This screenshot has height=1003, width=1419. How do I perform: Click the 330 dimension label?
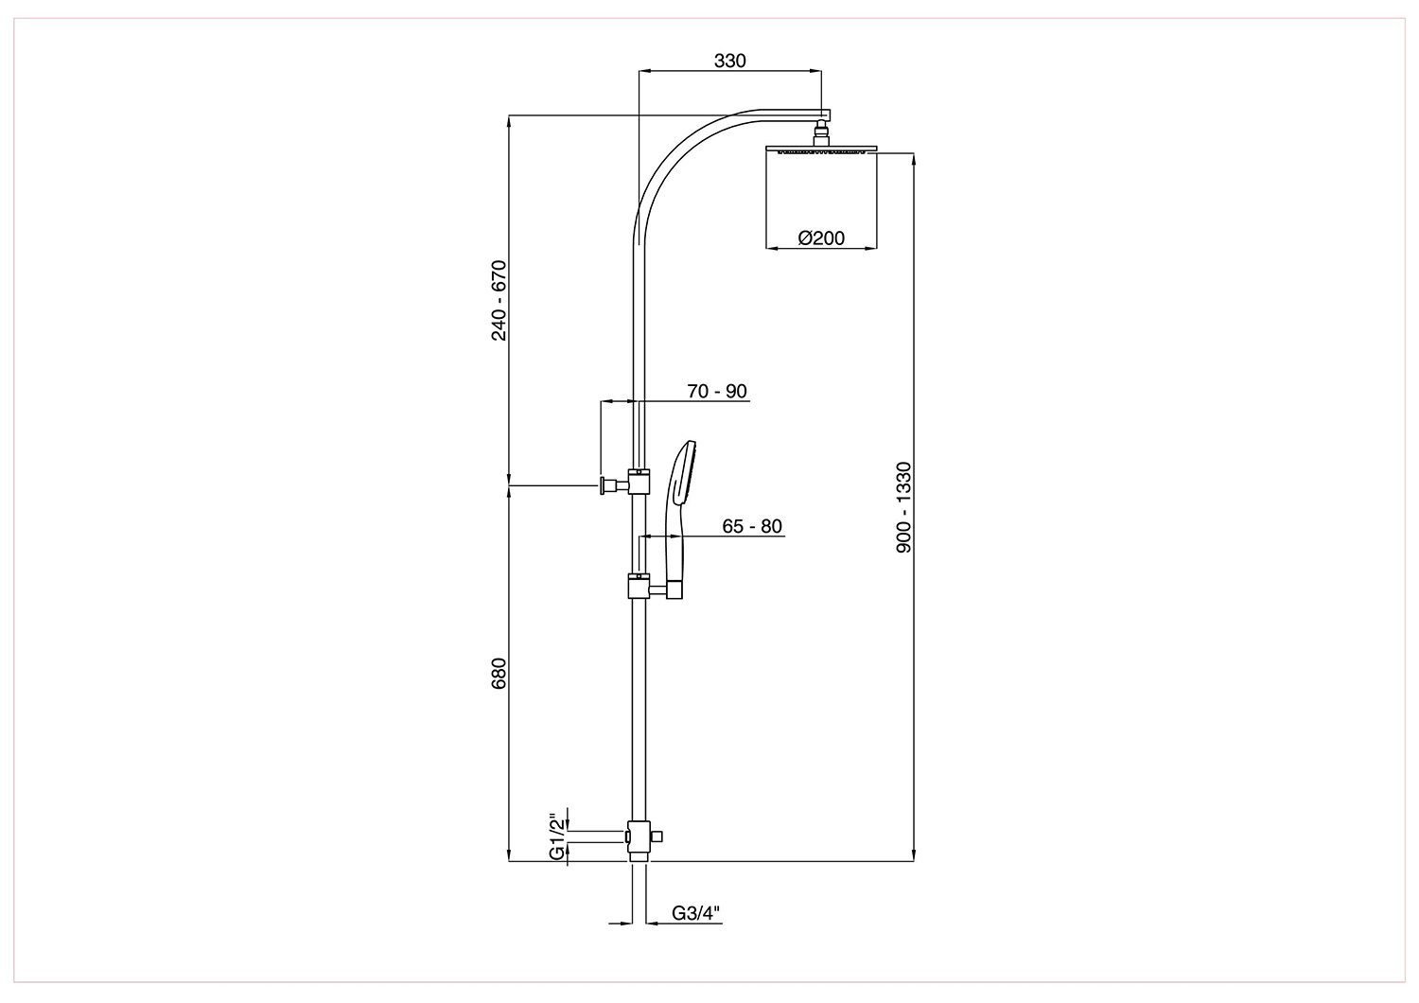[x=729, y=61]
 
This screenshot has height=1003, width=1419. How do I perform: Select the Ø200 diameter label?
[x=821, y=238]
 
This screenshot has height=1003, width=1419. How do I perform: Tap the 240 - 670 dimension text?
[x=499, y=300]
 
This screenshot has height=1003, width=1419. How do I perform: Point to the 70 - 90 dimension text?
[x=717, y=391]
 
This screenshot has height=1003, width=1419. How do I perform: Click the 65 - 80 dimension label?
[x=752, y=526]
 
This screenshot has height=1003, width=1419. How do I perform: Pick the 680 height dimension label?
[x=499, y=674]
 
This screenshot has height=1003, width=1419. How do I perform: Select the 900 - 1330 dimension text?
[x=903, y=507]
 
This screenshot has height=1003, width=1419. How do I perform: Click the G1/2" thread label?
[x=557, y=836]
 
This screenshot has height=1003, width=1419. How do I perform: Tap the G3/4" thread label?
[x=696, y=913]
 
